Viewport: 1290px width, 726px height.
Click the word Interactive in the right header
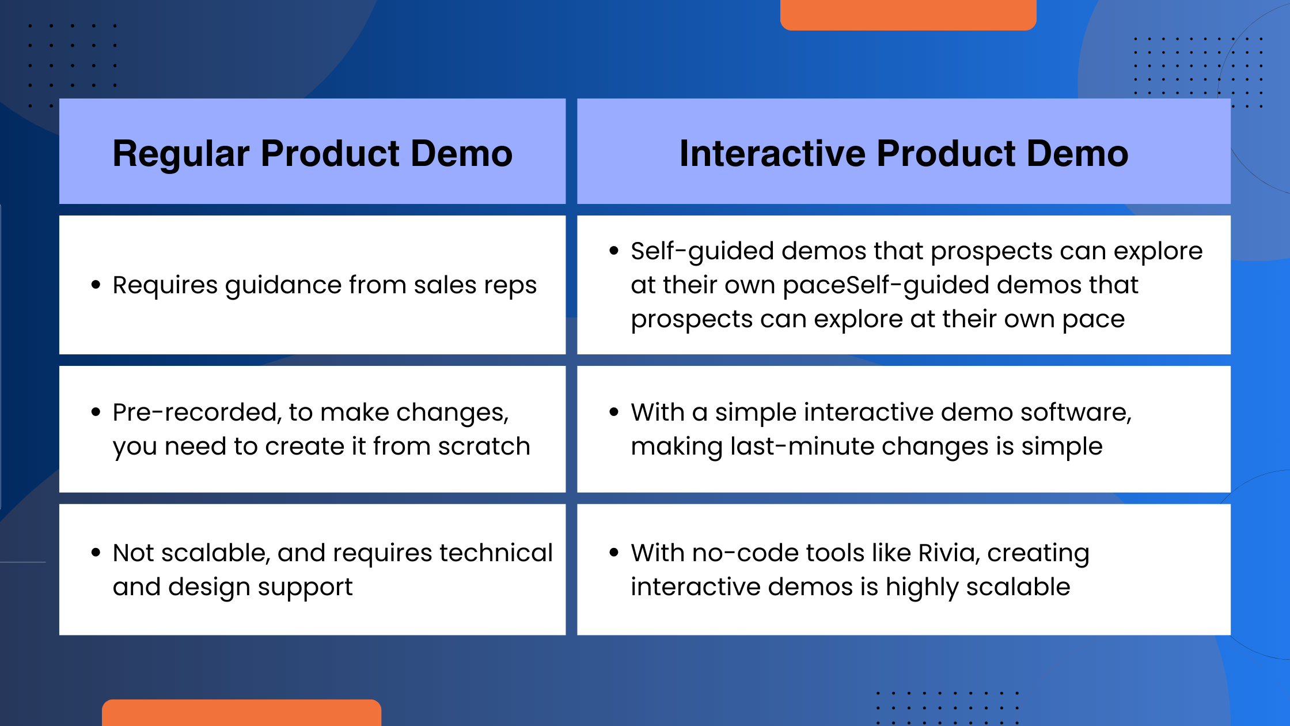click(x=772, y=154)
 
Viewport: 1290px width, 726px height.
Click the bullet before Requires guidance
click(x=96, y=285)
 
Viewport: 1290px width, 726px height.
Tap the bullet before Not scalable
click(x=96, y=553)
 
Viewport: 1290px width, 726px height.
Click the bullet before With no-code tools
click(x=614, y=553)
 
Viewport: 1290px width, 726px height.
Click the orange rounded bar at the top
click(x=908, y=14)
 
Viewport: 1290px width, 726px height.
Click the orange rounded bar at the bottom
click(x=242, y=713)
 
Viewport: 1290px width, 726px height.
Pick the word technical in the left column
click(x=496, y=553)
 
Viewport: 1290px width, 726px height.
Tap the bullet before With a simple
click(x=614, y=412)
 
